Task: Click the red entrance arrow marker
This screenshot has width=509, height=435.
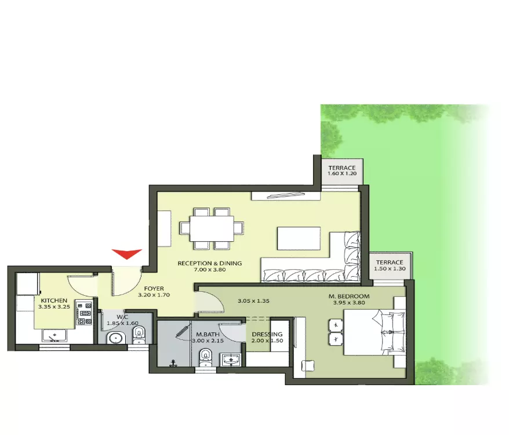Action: (x=127, y=253)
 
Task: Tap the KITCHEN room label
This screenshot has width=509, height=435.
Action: (x=54, y=300)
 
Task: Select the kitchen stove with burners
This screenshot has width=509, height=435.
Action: (x=85, y=313)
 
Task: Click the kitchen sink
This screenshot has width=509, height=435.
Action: (x=54, y=335)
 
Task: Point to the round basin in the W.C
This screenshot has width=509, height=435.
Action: (x=117, y=338)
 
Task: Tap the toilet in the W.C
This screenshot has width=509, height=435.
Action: (x=139, y=335)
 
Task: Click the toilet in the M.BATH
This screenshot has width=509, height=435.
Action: (x=205, y=357)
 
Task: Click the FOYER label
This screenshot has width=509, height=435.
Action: (x=154, y=288)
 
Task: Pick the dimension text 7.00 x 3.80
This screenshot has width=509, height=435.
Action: (x=210, y=270)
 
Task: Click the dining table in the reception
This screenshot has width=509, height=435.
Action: (x=212, y=229)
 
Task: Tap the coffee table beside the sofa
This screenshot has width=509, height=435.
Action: (x=299, y=238)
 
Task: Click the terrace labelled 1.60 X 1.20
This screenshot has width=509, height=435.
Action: (x=342, y=172)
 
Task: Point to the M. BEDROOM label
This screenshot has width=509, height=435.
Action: (x=349, y=296)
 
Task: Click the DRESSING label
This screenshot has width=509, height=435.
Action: (x=267, y=334)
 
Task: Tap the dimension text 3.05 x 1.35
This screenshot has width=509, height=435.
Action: (x=253, y=301)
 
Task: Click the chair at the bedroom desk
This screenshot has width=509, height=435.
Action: (x=308, y=365)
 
